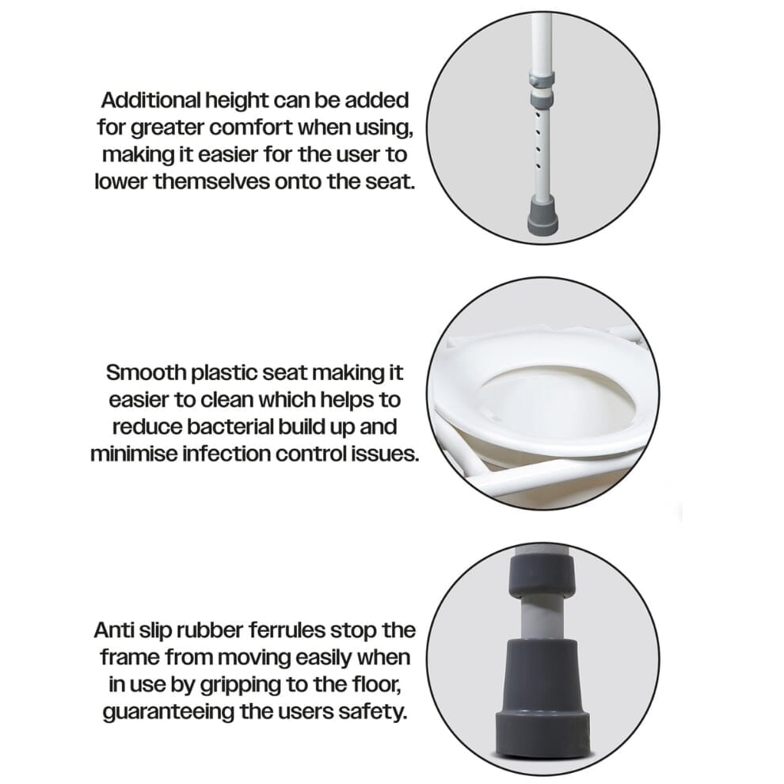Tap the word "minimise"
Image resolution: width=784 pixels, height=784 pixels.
coord(134,454)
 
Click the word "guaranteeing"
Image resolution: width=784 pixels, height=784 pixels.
coord(169,712)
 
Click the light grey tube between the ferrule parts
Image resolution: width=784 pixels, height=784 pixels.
coord(542,618)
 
